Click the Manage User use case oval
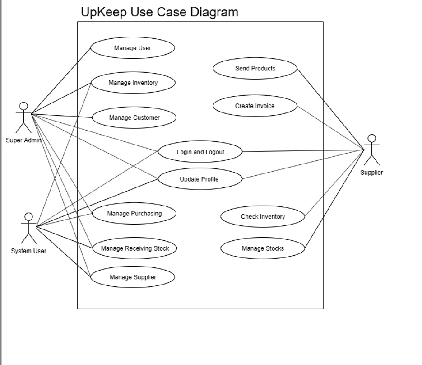click(132, 48)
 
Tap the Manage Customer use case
click(134, 118)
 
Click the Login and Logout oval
click(200, 152)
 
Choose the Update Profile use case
click(199, 179)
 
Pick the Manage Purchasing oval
click(134, 213)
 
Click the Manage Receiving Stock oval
click(134, 248)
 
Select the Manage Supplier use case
click(133, 277)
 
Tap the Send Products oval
click(255, 69)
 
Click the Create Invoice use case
click(255, 106)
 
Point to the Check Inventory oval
click(263, 217)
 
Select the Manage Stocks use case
click(263, 248)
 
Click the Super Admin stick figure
click(23, 117)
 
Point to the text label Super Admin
click(23, 140)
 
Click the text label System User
click(28, 251)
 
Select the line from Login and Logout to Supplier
click(302, 150)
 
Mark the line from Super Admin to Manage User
click(61, 80)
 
